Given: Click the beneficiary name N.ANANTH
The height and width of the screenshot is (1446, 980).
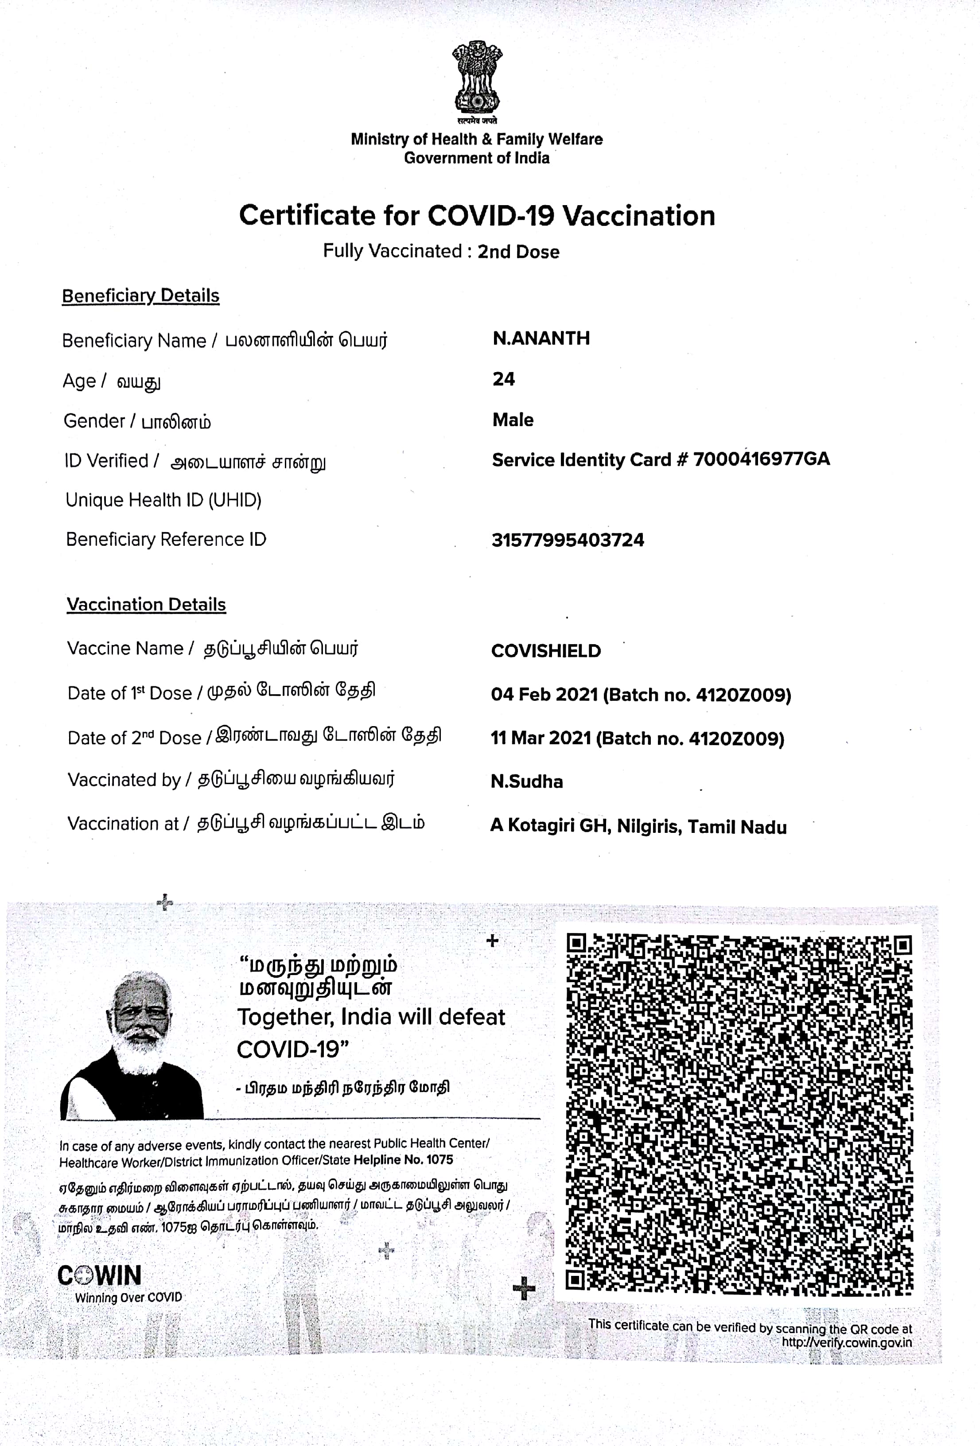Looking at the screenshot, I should pyautogui.click(x=541, y=338).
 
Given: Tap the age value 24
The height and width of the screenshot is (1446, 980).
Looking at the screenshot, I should pyautogui.click(x=503, y=379).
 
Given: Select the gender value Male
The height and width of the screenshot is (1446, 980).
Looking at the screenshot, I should pyautogui.click(x=513, y=420).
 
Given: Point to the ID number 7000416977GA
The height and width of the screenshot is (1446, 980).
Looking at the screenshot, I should pyautogui.click(x=761, y=459).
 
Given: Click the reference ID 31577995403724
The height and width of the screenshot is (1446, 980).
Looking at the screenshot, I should pyautogui.click(x=568, y=540).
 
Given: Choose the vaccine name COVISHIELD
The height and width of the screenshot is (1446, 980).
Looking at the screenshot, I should pyautogui.click(x=546, y=651).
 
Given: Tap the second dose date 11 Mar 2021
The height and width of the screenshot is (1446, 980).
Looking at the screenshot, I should pyautogui.click(x=540, y=739).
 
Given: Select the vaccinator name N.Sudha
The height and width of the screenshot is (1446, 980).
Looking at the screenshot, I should pyautogui.click(x=526, y=781).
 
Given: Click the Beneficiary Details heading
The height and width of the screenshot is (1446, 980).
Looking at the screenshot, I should pyautogui.click(x=140, y=295).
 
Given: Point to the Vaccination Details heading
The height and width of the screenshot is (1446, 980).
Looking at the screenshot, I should pyautogui.click(x=146, y=605).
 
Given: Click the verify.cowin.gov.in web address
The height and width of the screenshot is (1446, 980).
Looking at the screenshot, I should pyautogui.click(x=846, y=1342).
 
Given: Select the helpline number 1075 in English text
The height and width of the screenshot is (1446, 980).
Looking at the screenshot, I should pyautogui.click(x=440, y=1160).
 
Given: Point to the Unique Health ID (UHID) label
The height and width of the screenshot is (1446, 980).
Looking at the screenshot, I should pyautogui.click(x=163, y=500).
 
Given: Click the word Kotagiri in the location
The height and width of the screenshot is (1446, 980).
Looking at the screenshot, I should pyautogui.click(x=541, y=826).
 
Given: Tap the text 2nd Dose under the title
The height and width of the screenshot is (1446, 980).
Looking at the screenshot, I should pyautogui.click(x=518, y=252).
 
